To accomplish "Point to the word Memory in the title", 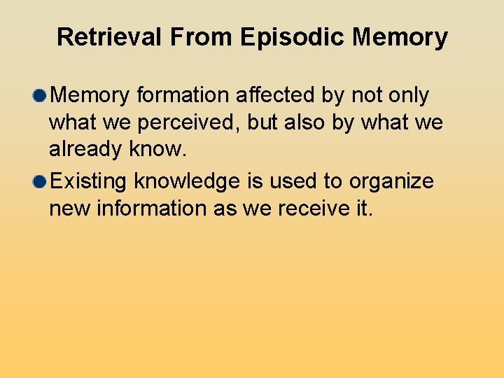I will (400, 37).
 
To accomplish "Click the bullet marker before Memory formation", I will (39, 95).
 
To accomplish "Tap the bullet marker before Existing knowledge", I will (39, 182).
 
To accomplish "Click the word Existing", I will (89, 182).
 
